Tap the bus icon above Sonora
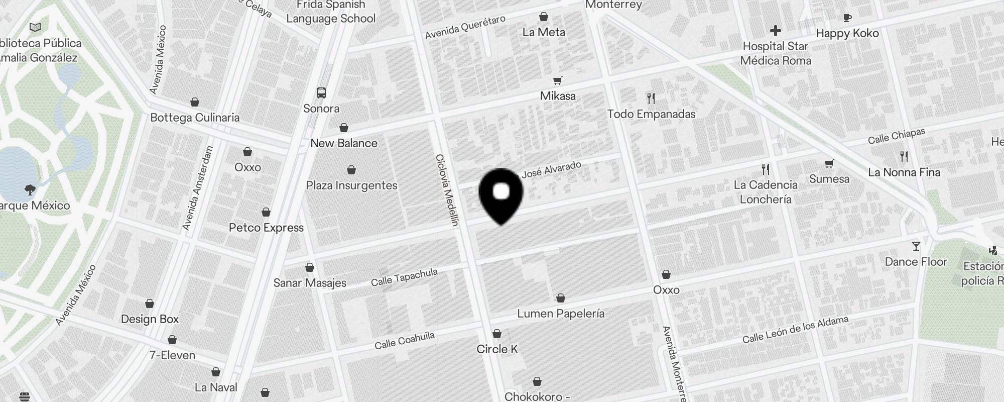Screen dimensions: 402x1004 tap(321, 93)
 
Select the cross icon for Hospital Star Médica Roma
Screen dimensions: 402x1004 tap(776, 31)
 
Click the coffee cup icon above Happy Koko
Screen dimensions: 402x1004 tap(847, 18)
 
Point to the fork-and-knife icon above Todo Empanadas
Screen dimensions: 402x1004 tap(651, 98)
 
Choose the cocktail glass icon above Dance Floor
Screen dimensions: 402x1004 tap(916, 246)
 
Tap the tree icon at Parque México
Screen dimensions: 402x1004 tap(30, 189)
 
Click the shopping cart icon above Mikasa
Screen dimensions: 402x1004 tap(557, 80)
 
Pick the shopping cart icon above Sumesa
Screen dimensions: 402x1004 tap(829, 163)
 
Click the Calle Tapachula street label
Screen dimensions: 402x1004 tap(404, 277)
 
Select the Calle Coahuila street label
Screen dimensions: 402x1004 tap(405, 340)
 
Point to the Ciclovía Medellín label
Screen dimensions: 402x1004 tap(447, 190)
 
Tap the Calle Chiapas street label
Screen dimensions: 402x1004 tap(897, 136)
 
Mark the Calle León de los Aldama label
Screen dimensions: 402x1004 tap(795, 330)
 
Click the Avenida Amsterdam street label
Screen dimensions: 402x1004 tap(198, 188)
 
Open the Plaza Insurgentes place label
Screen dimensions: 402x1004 tap(351, 185)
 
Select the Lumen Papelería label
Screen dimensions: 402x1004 tap(561, 314)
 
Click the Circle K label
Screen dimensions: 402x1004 tap(497, 349)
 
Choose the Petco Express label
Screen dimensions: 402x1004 tap(266, 228)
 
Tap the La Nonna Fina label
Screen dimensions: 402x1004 tap(904, 172)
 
